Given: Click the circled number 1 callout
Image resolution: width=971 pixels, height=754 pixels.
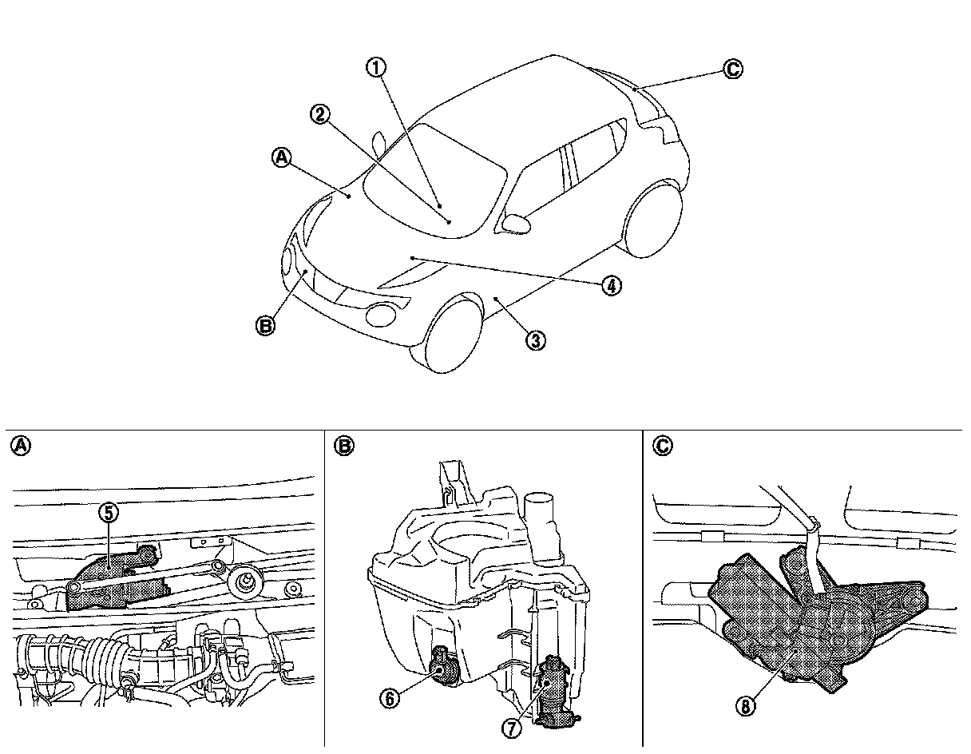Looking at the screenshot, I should click(x=376, y=68).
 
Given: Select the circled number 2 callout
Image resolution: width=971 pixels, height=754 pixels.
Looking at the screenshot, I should click(x=319, y=115).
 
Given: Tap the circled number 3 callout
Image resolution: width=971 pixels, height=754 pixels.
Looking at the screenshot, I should click(x=536, y=340).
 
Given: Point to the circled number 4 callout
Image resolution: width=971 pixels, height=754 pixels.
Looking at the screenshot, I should click(x=611, y=285).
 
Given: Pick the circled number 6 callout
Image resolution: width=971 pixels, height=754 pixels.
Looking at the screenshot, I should click(x=390, y=697).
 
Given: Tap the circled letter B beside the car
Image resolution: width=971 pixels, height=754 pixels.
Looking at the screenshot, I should click(x=266, y=325).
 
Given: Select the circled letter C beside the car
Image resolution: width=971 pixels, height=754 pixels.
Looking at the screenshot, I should click(x=733, y=69).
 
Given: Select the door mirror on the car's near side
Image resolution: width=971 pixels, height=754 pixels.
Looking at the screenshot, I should click(x=517, y=222).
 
